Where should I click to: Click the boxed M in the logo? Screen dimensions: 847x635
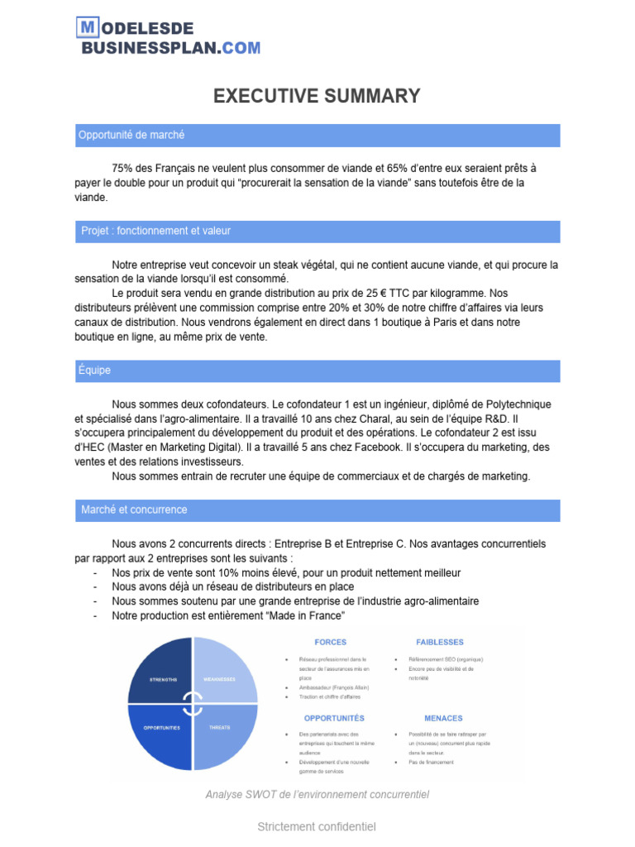pyautogui.click(x=87, y=29)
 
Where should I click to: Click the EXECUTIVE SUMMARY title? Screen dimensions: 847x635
pyautogui.click(x=317, y=96)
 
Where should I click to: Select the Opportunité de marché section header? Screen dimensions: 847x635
pyautogui.click(x=132, y=135)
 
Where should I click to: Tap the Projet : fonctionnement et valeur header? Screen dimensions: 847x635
pyautogui.click(x=155, y=231)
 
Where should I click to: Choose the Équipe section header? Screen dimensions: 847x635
pyautogui.click(x=95, y=371)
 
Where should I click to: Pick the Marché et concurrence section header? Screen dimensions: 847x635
pyautogui.click(x=134, y=510)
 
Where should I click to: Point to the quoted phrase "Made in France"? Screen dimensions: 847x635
pyautogui.click(x=298, y=616)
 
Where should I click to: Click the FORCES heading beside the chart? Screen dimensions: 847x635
pyautogui.click(x=331, y=642)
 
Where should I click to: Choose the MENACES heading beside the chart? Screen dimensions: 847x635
pyautogui.click(x=443, y=718)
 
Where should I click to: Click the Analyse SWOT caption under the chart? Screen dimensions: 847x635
pyautogui.click(x=317, y=794)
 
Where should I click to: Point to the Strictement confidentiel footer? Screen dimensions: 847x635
pyautogui.click(x=317, y=826)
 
